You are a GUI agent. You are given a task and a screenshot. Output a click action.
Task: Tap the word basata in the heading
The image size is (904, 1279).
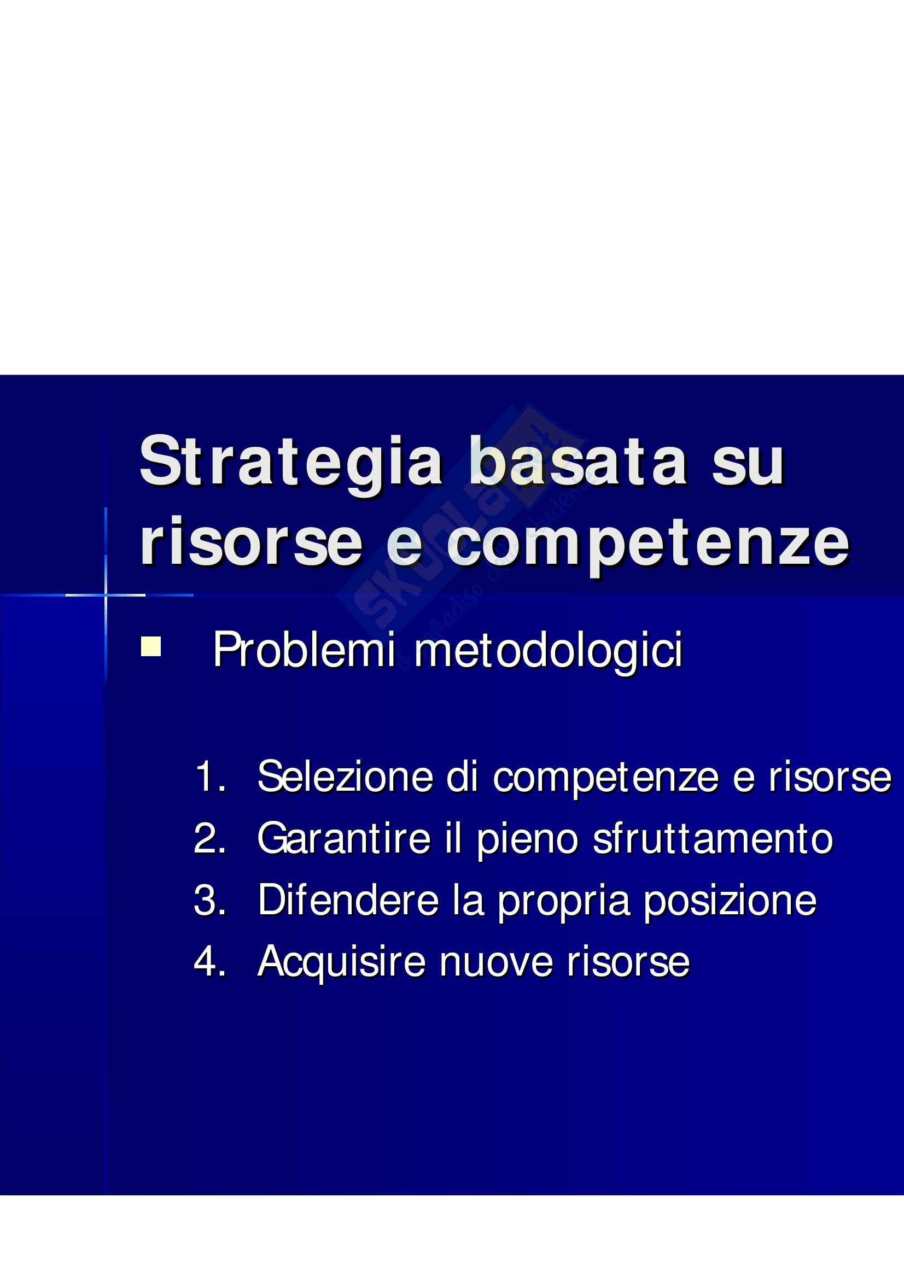click(x=578, y=460)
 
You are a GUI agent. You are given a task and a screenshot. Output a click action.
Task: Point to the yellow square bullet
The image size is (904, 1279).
click(x=150, y=646)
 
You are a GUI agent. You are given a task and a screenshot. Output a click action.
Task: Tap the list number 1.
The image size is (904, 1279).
click(x=211, y=776)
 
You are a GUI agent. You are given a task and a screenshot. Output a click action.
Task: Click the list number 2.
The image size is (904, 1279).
click(x=209, y=838)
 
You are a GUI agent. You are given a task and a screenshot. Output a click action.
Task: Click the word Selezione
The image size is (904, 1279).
click(x=345, y=776)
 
